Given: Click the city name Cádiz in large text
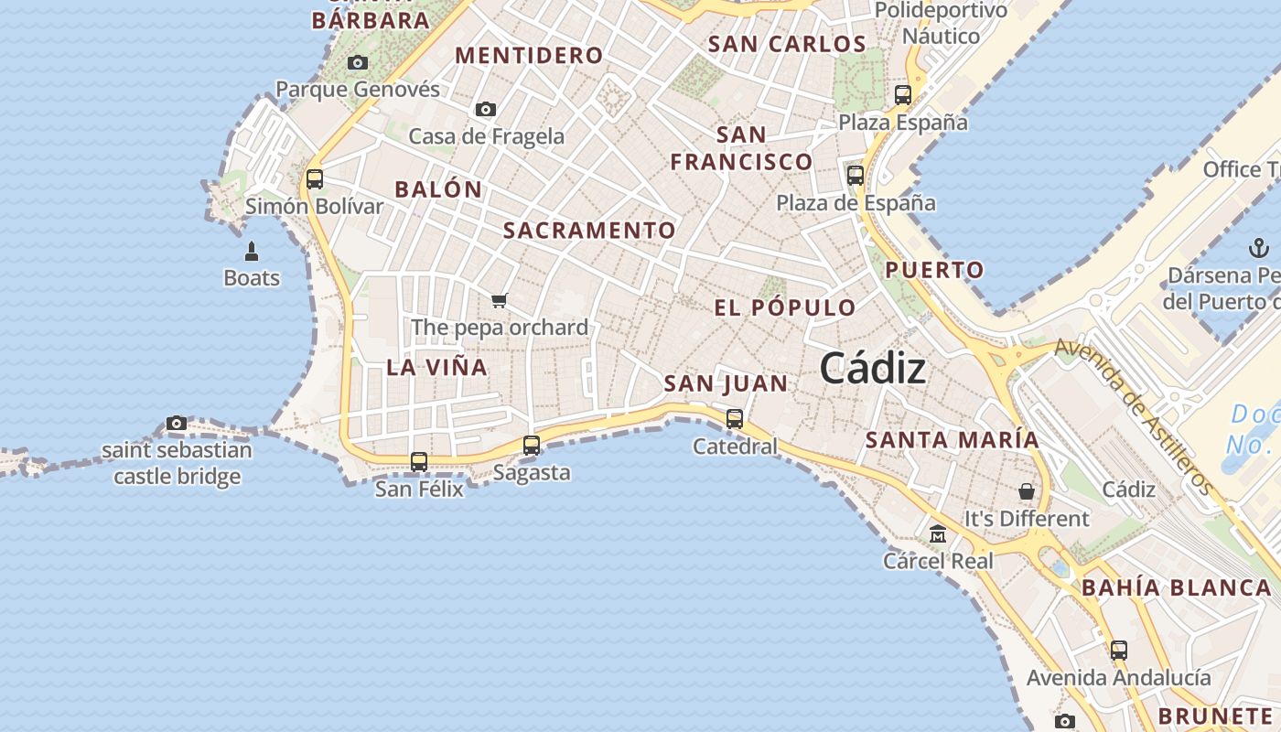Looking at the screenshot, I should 872,369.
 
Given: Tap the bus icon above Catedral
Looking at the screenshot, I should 735,419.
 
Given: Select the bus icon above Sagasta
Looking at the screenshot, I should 532,446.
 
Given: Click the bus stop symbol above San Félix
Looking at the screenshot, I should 419,462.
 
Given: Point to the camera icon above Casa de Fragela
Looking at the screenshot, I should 486,110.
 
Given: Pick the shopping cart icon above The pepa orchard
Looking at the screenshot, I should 500,300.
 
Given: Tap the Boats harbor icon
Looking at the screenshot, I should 252,251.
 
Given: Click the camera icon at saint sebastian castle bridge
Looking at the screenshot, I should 177,423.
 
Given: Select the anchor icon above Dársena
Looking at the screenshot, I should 1259,248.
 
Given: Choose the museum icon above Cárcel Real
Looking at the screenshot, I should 938,533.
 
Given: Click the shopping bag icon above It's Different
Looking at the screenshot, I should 1027,491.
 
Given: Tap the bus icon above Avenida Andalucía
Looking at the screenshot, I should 1119,651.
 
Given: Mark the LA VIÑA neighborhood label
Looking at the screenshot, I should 436,368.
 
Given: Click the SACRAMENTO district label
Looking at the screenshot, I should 589,231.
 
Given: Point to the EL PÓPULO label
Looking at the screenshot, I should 785,307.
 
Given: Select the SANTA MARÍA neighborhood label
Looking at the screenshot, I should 953,440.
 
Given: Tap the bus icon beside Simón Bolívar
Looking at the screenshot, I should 315,178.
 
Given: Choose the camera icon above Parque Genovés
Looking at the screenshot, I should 358,63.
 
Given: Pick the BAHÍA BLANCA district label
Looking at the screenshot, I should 1177,588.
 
